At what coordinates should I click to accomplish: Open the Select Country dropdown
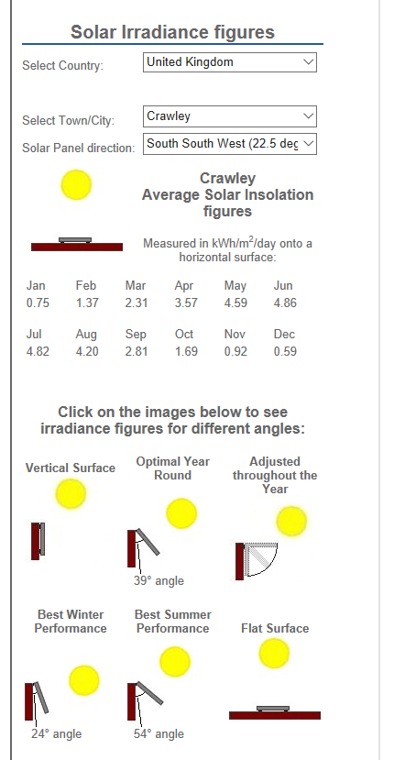pos(230,62)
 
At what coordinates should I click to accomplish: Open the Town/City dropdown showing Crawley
pos(230,116)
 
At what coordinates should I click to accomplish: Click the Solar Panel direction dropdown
pos(230,144)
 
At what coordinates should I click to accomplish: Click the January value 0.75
pos(38,303)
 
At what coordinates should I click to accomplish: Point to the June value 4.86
pos(285,303)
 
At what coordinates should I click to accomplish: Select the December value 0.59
pos(285,351)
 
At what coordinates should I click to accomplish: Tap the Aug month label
pos(86,335)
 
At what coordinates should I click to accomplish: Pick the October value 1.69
pos(186,351)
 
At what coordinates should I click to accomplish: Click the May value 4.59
pos(235,303)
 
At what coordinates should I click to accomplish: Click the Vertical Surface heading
pos(71,468)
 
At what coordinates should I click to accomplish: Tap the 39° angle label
pos(159,580)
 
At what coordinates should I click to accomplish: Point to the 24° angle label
pos(56,733)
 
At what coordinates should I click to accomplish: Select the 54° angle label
pos(159,733)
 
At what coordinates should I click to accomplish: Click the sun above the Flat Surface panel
pos(274,654)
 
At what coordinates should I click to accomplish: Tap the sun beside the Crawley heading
pos(77,184)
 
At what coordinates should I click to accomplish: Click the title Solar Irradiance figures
pos(172,32)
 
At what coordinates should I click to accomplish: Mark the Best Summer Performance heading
pos(173,622)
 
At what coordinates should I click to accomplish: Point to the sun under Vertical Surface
pos(71,494)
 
